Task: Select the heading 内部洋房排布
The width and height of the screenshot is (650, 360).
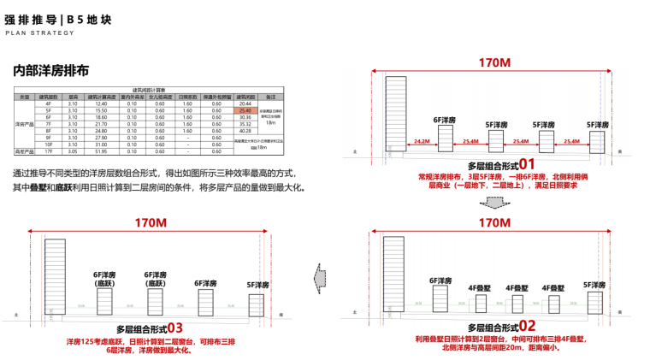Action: tap(51, 71)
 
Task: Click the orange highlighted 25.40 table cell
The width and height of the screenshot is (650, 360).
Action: tap(245, 111)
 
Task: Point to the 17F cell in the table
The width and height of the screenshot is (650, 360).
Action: tap(50, 150)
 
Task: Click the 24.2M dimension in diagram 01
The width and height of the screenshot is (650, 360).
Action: tap(421, 141)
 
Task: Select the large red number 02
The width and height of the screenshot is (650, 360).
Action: tap(527, 326)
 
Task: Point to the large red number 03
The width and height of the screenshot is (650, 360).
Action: tap(174, 328)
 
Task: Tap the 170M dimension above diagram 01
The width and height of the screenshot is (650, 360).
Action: tap(495, 63)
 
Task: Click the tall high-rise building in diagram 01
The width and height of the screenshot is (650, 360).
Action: tap(396, 115)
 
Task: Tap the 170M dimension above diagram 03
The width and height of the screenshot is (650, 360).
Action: tap(151, 222)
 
